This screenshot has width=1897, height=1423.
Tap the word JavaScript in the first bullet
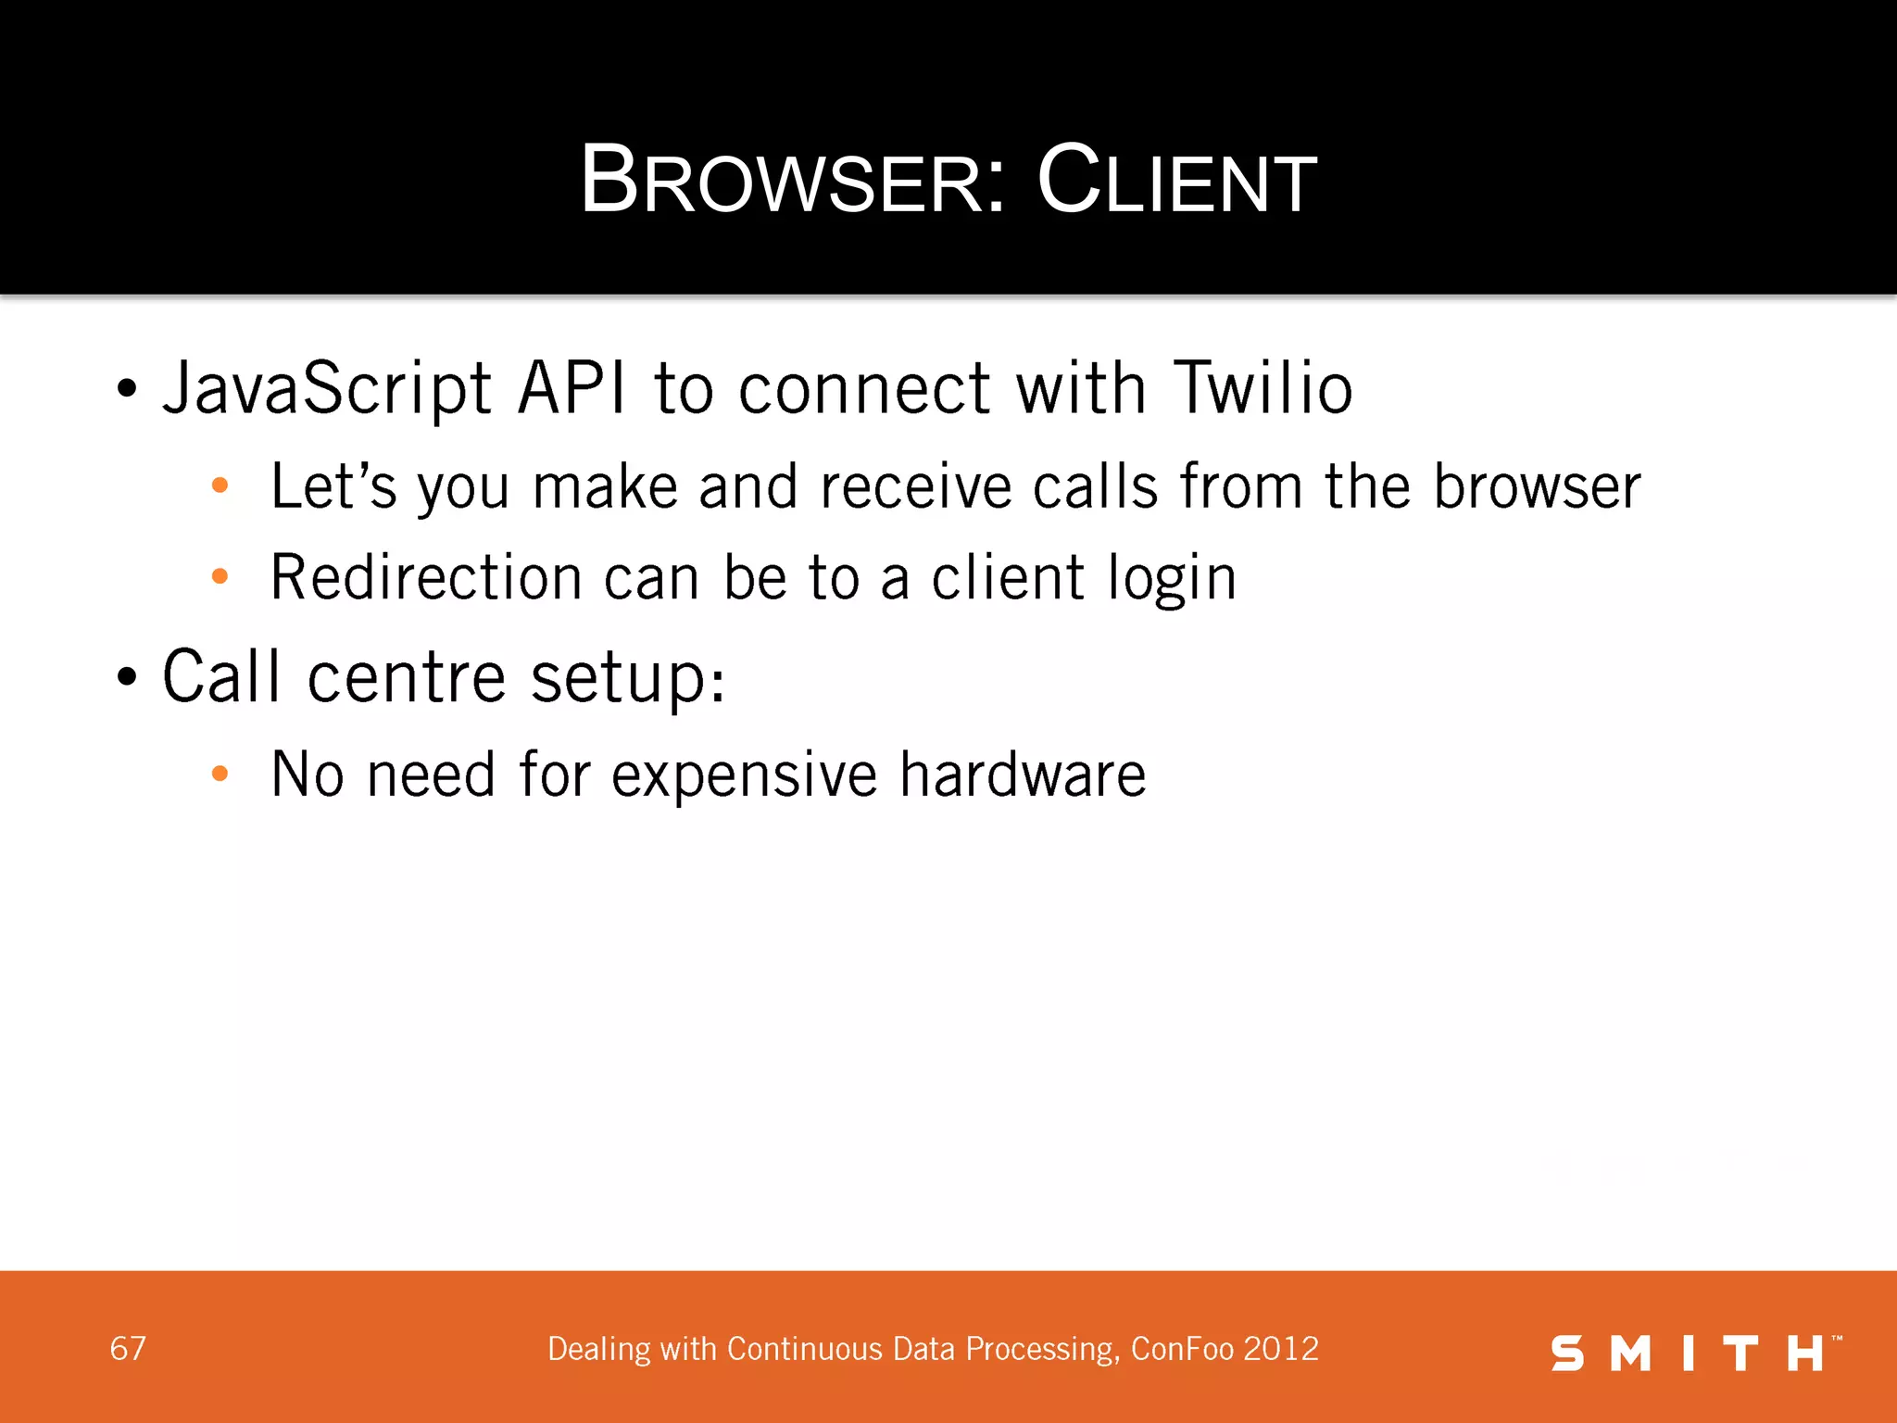tap(326, 389)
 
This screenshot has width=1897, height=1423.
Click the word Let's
tap(333, 486)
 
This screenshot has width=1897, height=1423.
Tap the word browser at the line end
tap(1537, 486)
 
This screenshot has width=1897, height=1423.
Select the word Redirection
tap(426, 577)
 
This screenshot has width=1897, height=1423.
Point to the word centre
tap(406, 677)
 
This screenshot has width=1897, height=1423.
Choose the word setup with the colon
tap(627, 679)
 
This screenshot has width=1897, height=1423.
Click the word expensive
tap(744, 775)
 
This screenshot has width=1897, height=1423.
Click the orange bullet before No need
tap(220, 774)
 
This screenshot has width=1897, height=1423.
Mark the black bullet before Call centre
tap(127, 677)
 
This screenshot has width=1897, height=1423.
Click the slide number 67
tap(128, 1349)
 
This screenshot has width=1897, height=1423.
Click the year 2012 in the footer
tap(1281, 1349)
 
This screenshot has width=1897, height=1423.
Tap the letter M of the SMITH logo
tap(1631, 1354)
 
